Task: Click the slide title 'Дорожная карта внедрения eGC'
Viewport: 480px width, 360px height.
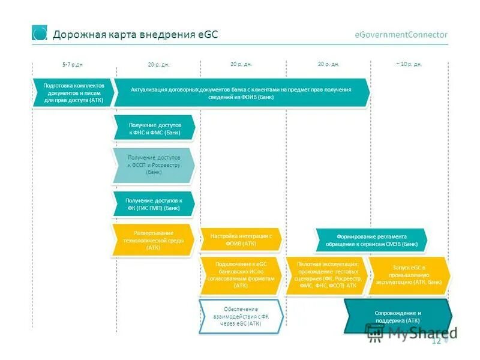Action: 135,34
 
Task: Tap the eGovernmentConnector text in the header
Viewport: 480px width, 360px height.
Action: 401,35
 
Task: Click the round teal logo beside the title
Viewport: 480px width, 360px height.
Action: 40,34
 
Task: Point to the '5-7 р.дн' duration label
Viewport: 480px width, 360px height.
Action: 73,64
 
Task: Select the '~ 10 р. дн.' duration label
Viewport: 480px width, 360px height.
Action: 409,64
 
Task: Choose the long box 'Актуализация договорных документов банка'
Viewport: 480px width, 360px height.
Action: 241,93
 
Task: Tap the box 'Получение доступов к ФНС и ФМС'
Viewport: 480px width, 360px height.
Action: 154,128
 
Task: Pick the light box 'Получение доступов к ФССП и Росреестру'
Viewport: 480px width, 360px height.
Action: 154,165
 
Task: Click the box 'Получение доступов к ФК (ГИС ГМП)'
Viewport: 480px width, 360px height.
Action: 153,204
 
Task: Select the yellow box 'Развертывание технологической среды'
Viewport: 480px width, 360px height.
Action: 153,240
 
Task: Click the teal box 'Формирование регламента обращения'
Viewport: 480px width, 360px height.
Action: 371,240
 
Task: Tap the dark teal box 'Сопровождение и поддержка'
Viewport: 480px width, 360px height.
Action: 397,317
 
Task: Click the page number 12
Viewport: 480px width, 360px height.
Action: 436,341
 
